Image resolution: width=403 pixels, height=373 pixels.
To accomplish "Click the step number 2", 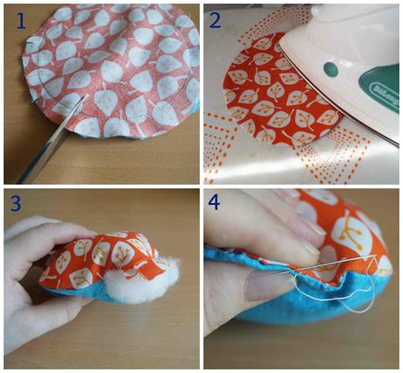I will click(218, 18).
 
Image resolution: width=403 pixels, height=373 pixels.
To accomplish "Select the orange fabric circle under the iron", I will click(272, 96).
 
